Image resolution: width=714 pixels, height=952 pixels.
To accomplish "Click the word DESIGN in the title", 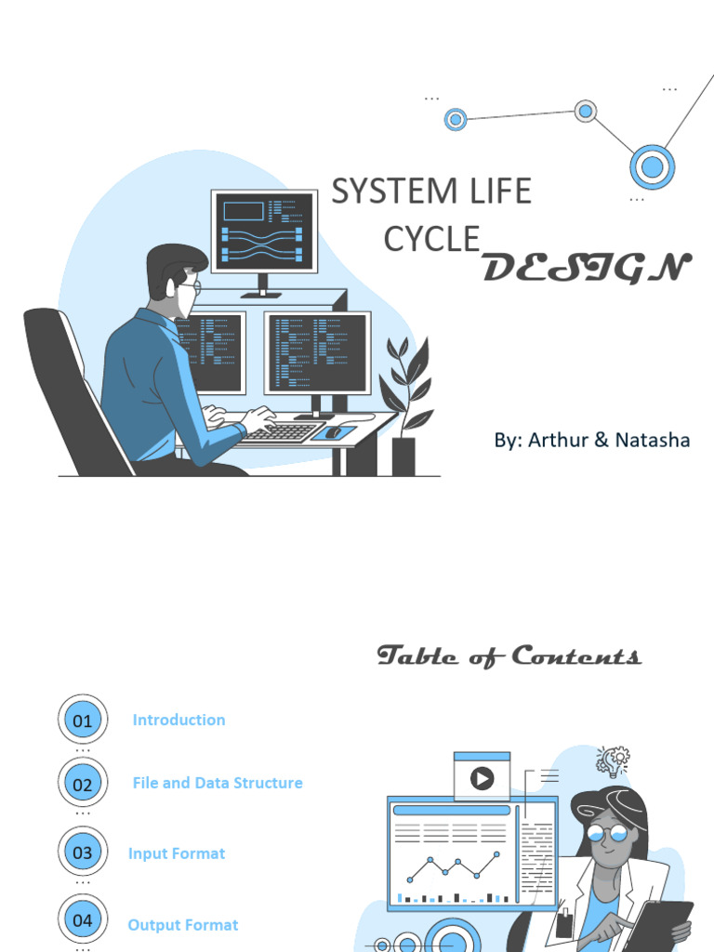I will [587, 269].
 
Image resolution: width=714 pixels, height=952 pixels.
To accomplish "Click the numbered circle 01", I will [83, 721].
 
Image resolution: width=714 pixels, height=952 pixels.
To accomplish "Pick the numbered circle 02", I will [83, 784].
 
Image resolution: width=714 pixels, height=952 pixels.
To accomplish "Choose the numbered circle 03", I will [83, 853].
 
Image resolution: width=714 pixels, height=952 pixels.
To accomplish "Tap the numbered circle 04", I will [83, 920].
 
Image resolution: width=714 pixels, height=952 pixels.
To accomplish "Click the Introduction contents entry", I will [178, 720].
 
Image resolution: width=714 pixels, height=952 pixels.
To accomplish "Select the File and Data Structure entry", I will [218, 783].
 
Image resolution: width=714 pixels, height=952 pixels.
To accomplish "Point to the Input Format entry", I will [177, 853].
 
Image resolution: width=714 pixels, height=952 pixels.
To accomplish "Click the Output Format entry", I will [183, 925].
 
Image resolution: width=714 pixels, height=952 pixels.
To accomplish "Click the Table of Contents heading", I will [509, 656].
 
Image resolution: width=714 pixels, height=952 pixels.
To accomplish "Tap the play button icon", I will [482, 778].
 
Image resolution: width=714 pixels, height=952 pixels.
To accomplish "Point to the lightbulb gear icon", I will [613, 761].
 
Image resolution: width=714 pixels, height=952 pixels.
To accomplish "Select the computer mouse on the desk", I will [332, 431].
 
